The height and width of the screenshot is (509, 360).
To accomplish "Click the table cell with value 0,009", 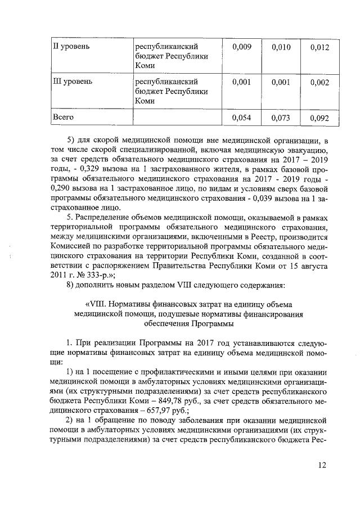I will click(242, 47).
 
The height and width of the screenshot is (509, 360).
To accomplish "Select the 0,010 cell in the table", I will click(280, 47).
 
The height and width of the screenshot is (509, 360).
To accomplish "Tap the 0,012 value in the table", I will click(319, 48).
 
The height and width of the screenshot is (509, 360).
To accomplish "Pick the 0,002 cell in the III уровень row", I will click(319, 83).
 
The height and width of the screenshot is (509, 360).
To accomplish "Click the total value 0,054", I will click(242, 118).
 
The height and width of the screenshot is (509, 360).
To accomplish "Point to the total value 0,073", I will click(280, 118).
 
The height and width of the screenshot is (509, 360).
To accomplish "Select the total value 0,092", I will click(319, 119).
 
